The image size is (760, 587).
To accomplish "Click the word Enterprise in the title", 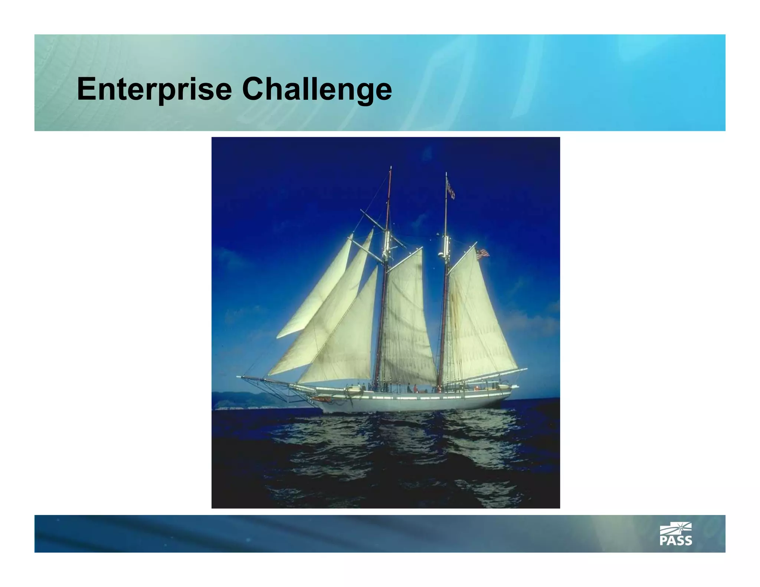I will click(154, 89).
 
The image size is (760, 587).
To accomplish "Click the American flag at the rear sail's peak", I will click(482, 253).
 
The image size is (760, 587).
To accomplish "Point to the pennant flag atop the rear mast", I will click(450, 188).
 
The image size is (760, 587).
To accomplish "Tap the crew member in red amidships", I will click(415, 389).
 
